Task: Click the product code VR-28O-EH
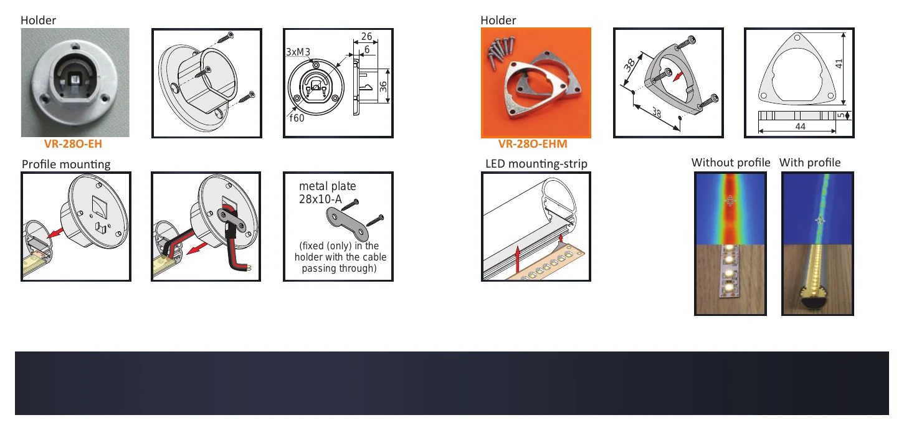click(x=73, y=144)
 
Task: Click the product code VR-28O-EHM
click(x=532, y=144)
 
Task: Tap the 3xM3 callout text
click(x=298, y=52)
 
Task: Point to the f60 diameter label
click(x=297, y=118)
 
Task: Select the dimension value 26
click(x=366, y=36)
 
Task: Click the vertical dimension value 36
click(x=383, y=87)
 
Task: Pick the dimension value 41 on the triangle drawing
click(x=839, y=64)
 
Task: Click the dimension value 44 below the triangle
click(x=800, y=127)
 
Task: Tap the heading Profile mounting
click(x=66, y=165)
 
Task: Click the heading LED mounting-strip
click(x=536, y=163)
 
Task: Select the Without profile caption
click(x=730, y=162)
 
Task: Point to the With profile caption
click(x=809, y=162)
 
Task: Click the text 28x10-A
click(x=320, y=199)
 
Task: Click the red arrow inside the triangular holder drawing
click(x=678, y=76)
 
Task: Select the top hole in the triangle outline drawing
click(x=797, y=38)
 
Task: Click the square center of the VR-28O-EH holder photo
click(x=75, y=80)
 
